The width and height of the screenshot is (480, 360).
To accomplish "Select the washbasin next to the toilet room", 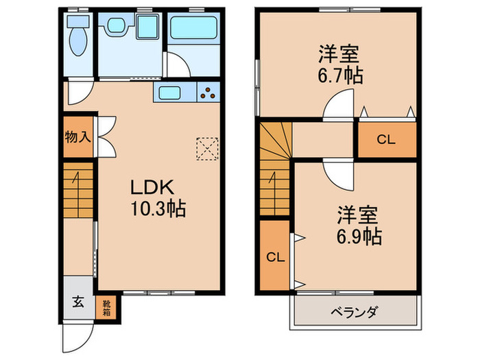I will point(114,28).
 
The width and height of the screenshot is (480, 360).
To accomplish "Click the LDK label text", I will point(155,187).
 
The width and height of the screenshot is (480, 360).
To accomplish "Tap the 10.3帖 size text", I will point(158,209).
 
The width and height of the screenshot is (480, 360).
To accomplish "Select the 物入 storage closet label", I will point(77,136).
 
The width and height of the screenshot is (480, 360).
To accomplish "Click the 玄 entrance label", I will point(78,300).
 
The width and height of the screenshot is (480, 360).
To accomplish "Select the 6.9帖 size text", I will point(359,237).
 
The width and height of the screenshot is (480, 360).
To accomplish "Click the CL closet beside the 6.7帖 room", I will point(386,140).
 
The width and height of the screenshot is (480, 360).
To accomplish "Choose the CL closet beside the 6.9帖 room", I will point(275,257).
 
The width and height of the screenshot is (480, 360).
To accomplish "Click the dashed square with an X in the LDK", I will point(206,147).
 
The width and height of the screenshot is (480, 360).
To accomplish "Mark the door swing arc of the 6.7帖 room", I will point(338,106).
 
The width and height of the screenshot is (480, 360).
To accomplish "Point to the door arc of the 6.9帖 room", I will point(337,173).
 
